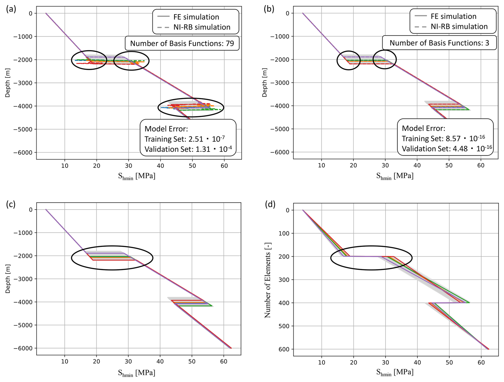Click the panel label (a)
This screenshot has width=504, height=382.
click(x=11, y=9)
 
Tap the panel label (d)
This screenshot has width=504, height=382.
click(x=270, y=204)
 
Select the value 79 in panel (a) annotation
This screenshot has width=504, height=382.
click(x=230, y=43)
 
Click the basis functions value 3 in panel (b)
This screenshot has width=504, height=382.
click(x=487, y=43)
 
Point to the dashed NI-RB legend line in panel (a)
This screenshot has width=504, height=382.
click(x=163, y=27)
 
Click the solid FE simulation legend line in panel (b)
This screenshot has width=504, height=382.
click(x=420, y=16)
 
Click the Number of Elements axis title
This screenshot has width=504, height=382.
click(x=267, y=280)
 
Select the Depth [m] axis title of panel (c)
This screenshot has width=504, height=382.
click(x=8, y=279)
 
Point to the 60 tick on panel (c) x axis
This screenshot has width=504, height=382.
click(x=223, y=361)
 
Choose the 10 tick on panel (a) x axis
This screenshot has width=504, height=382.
click(x=65, y=166)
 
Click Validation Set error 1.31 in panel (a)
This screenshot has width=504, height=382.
click(x=203, y=149)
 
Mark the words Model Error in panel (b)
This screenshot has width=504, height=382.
click(x=423, y=128)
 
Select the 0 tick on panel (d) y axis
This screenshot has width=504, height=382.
click(x=287, y=210)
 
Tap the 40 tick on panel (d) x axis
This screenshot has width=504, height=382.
click(x=417, y=362)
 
